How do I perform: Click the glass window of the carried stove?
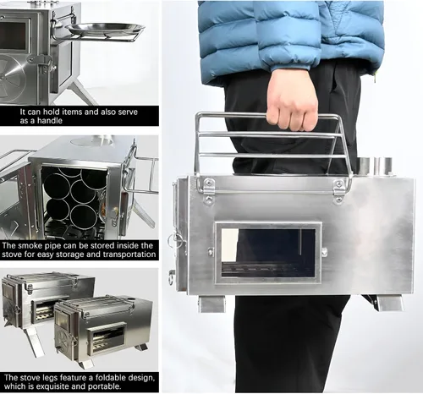268,253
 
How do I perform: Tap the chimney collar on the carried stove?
374,167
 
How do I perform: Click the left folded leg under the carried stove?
211,304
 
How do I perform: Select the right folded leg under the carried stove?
389,303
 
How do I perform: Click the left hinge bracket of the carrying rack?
208,189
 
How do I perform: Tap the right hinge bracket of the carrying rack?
338,191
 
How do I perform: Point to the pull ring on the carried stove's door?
173,239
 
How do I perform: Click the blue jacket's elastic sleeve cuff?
294,64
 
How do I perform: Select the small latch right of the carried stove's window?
324,251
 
